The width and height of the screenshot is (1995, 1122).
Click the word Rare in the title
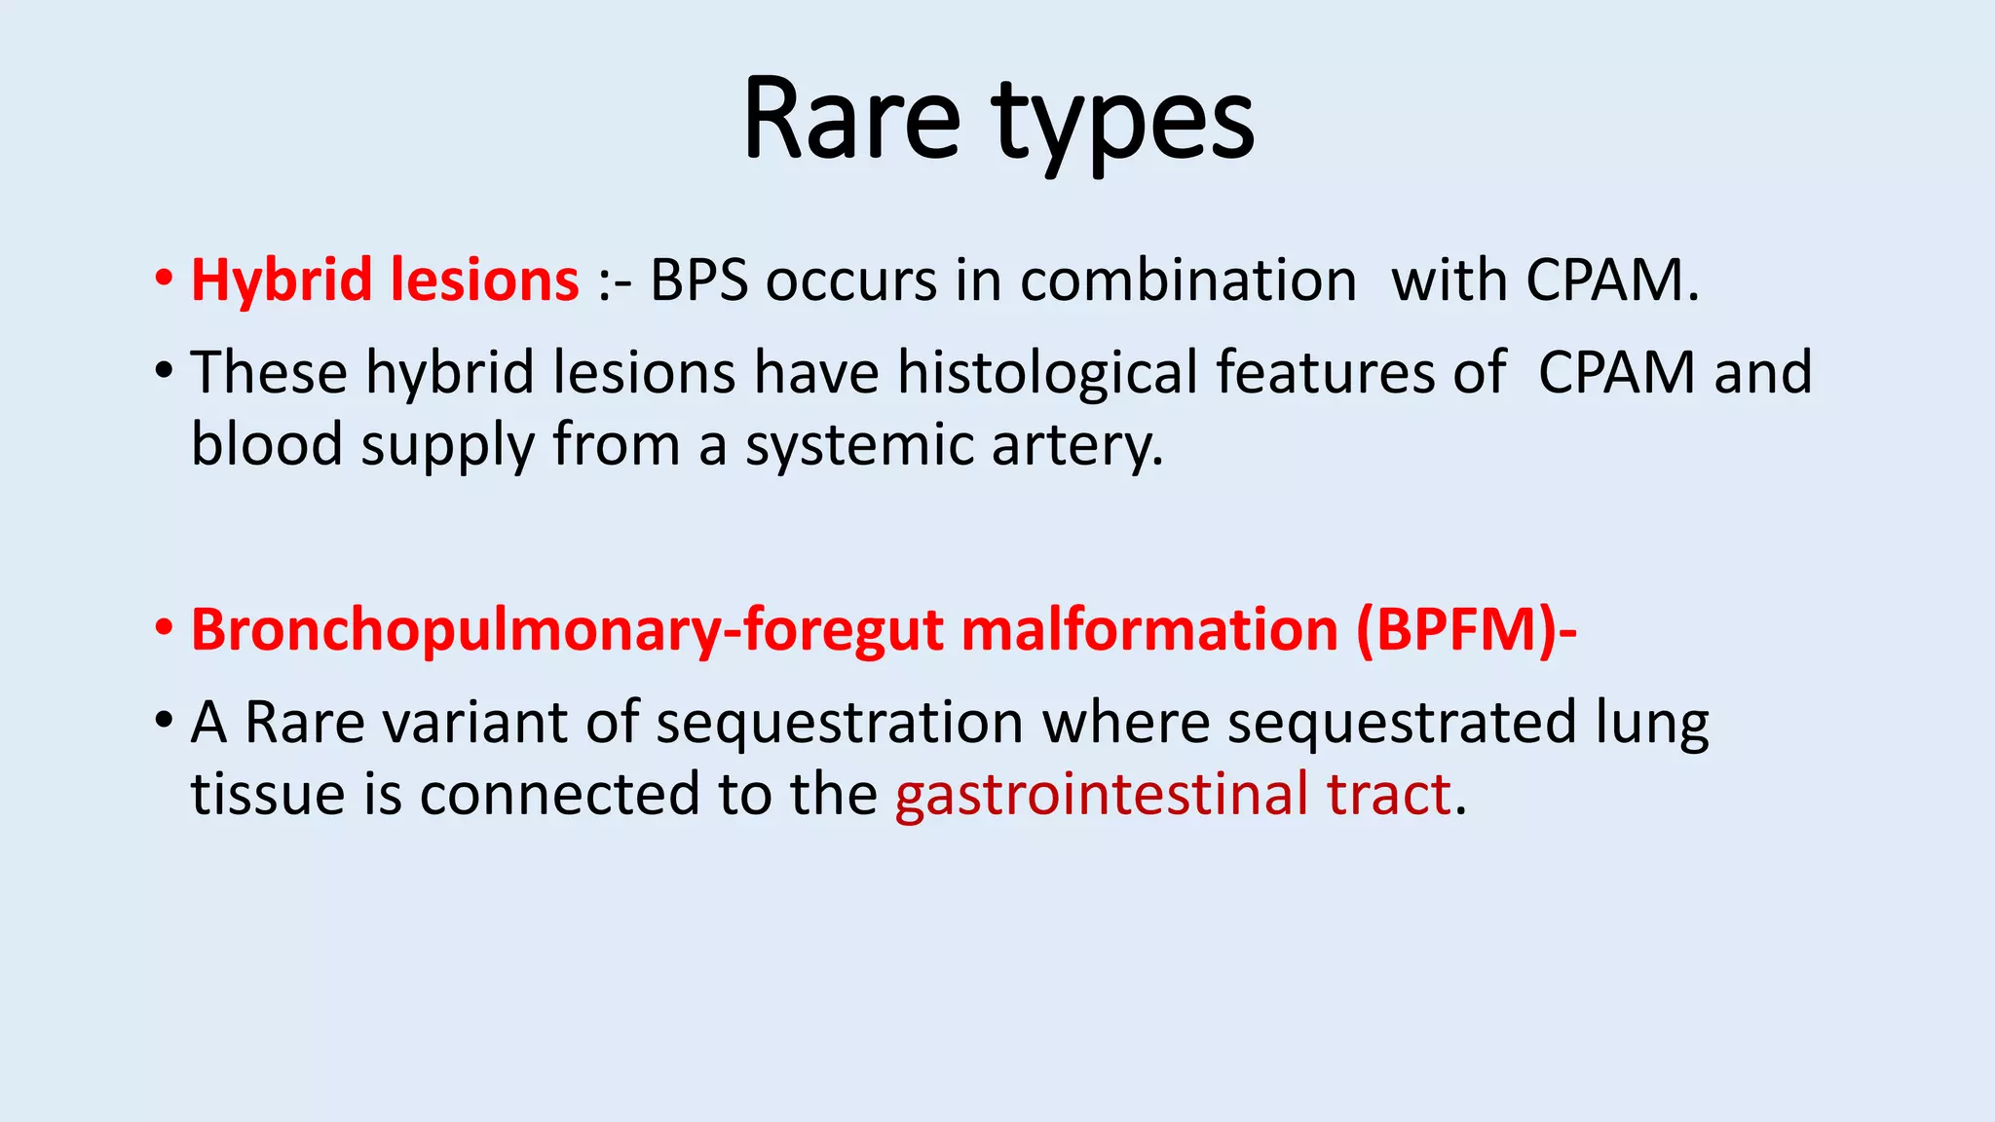851,121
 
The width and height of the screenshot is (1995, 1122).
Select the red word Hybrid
282,281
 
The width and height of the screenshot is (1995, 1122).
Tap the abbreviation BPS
698,281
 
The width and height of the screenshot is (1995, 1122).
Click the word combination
1187,281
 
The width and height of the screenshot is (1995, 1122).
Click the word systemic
859,447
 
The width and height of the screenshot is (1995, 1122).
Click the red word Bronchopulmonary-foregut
567,630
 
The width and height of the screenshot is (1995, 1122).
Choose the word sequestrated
1401,723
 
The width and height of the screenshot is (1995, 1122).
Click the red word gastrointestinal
1102,794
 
